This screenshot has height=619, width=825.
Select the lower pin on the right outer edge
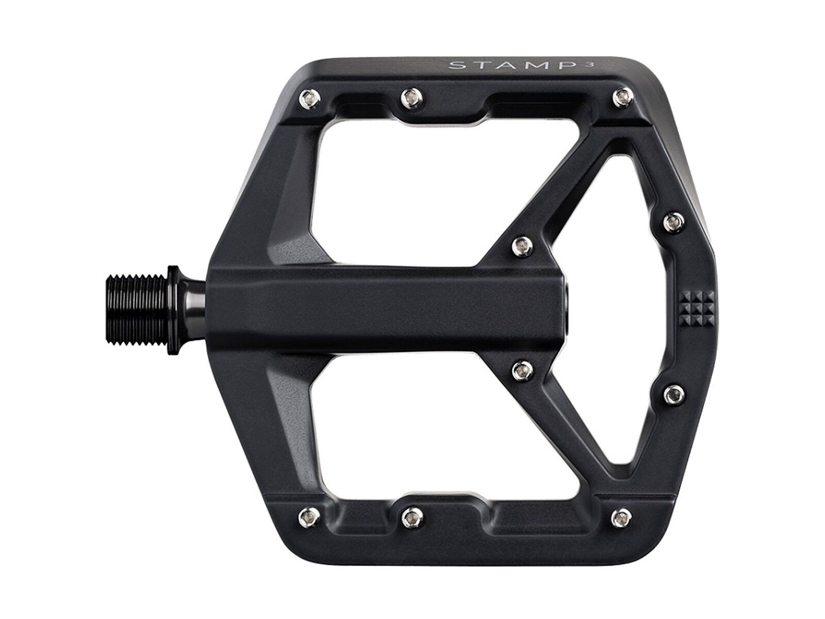671,395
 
